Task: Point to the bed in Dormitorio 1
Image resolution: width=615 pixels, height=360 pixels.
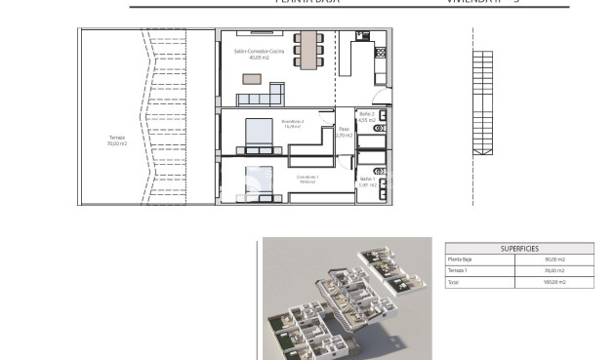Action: pyautogui.click(x=258, y=183)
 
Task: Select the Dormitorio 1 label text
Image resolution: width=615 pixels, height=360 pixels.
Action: pyautogui.click(x=308, y=179)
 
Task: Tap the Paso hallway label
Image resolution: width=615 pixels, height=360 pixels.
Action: pyautogui.click(x=344, y=133)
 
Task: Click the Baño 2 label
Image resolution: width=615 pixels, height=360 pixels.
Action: pyautogui.click(x=367, y=118)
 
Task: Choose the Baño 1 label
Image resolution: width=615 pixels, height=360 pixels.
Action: pyautogui.click(x=367, y=181)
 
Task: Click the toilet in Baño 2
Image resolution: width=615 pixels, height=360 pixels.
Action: pyautogui.click(x=380, y=128)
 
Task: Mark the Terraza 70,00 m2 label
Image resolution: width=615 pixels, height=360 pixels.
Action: pyautogui.click(x=116, y=140)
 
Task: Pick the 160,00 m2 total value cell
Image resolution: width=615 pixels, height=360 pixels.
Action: pyautogui.click(x=554, y=282)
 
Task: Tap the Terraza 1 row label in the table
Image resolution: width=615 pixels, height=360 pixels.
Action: pyautogui.click(x=459, y=270)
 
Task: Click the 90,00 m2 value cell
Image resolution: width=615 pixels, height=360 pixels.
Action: pyautogui.click(x=555, y=259)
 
